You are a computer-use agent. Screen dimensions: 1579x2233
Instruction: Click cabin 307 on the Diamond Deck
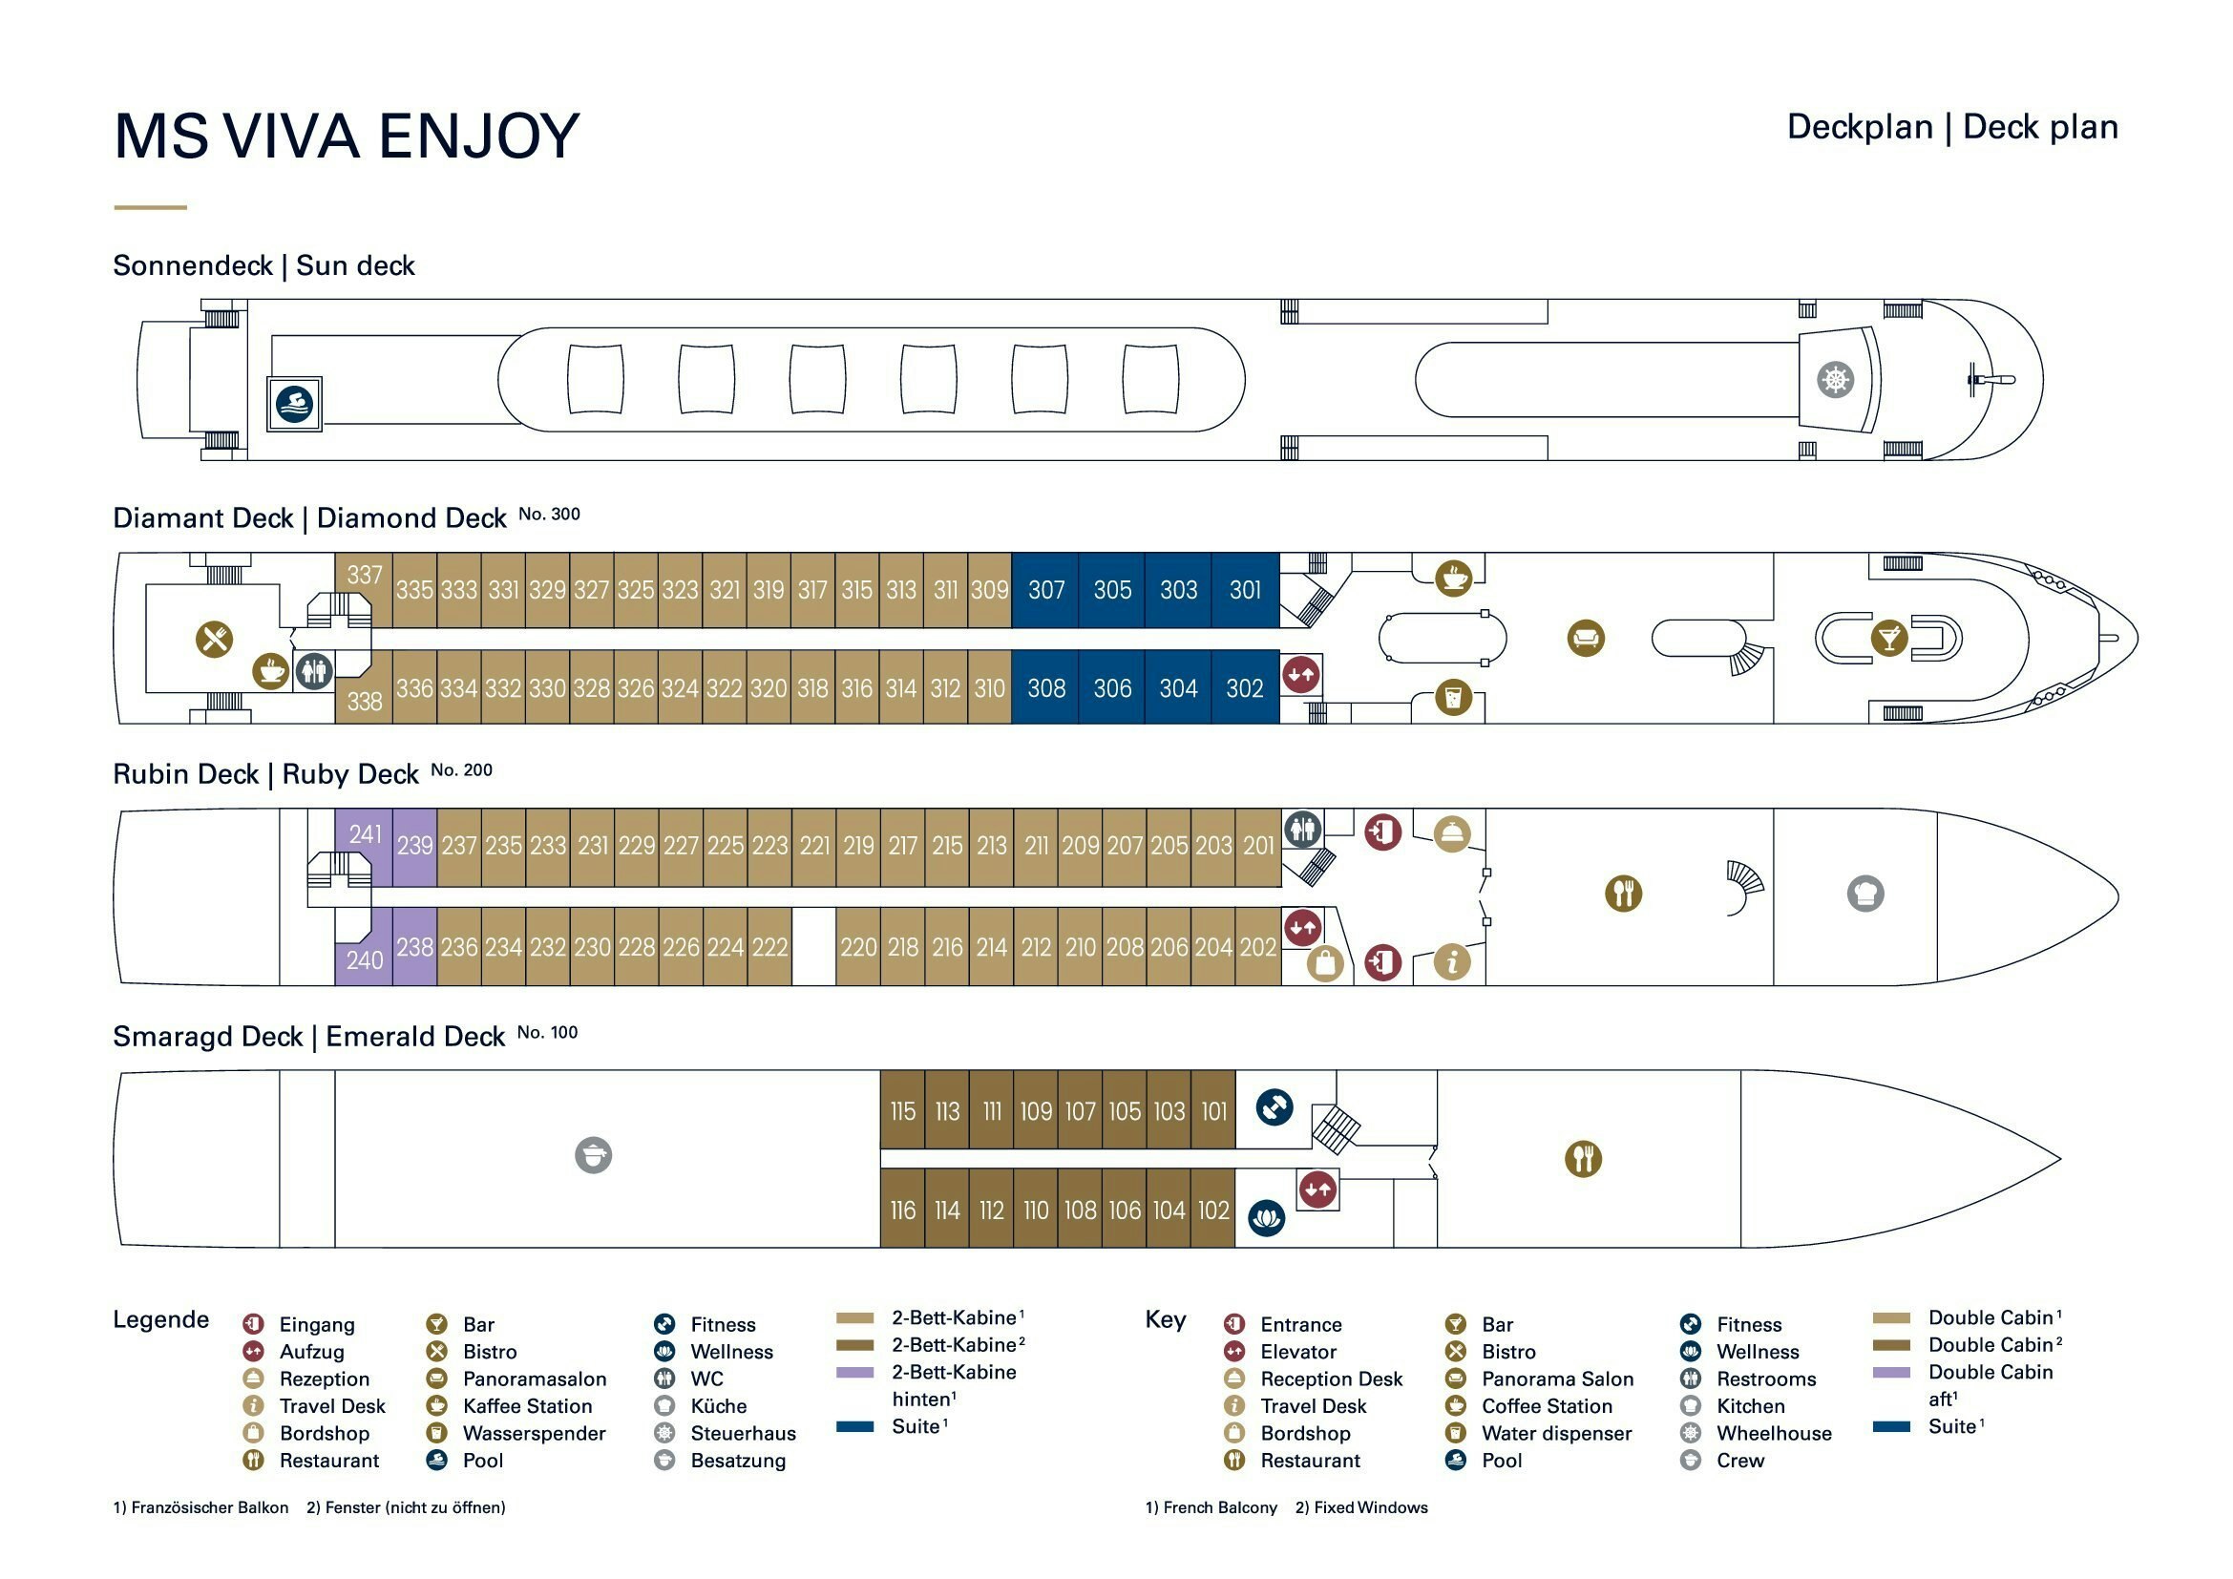[x=1045, y=590]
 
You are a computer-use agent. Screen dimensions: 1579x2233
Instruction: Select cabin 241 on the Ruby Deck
[x=365, y=834]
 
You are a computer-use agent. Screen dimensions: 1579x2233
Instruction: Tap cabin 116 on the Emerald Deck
[x=902, y=1211]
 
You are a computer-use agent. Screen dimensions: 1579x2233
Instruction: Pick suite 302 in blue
[x=1244, y=688]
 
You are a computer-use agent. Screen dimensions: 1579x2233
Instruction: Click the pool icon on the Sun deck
[x=294, y=404]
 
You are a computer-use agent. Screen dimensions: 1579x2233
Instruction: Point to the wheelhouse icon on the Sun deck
[x=1835, y=379]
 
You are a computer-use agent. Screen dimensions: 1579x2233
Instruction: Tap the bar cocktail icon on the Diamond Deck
[x=1888, y=638]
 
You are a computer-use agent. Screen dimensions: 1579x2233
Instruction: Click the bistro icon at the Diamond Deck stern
[x=215, y=639]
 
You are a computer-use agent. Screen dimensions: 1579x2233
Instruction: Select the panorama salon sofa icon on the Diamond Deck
[x=1586, y=639]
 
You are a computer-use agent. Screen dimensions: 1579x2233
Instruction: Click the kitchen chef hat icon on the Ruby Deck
[x=1864, y=894]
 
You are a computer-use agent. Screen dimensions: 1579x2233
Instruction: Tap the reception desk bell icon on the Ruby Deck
[x=1451, y=833]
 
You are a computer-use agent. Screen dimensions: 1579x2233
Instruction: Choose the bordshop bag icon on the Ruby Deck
[x=1325, y=963]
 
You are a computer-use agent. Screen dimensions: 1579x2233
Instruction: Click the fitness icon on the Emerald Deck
[x=1274, y=1107]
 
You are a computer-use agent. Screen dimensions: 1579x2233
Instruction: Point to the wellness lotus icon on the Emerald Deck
[x=1266, y=1217]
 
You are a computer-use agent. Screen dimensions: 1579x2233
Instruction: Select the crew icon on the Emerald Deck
[x=593, y=1155]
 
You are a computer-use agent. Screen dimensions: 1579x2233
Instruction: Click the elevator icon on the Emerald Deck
[x=1317, y=1190]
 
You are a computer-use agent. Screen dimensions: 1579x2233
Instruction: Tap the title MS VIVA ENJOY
[x=347, y=137]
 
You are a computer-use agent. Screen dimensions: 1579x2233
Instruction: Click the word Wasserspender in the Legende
[x=533, y=1433]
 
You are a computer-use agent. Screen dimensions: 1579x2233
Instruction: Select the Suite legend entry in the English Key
[x=1951, y=1426]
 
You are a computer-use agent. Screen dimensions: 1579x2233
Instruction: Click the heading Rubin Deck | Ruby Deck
[x=265, y=775]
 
